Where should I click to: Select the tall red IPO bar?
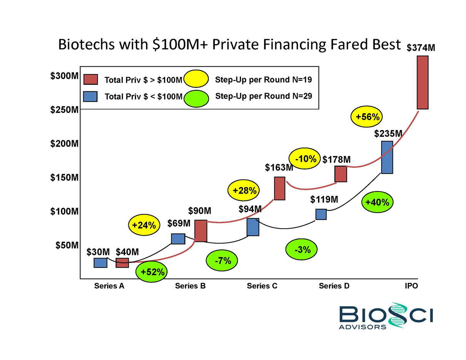(422, 82)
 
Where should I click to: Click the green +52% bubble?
(153, 272)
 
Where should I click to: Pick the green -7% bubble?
(223, 261)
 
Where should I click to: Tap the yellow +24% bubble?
(143, 226)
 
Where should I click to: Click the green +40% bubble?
(377, 202)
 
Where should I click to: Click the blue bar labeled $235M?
(387, 157)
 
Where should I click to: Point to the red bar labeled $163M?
(280, 188)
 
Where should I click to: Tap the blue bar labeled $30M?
(101, 263)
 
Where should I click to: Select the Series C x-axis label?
(262, 286)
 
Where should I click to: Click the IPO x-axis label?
(411, 286)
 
